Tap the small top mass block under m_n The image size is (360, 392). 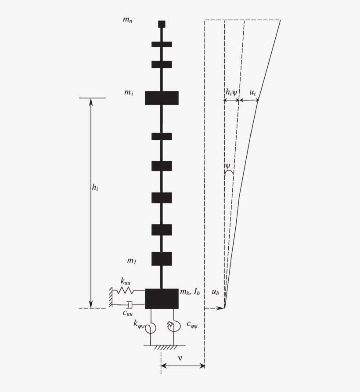coord(162,24)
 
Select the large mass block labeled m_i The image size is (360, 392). coord(162,98)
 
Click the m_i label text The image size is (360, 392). coord(128,93)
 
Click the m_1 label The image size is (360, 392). coord(132,261)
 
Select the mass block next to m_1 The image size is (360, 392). coord(162,259)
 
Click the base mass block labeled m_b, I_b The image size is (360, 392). coord(162,298)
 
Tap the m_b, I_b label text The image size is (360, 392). coord(190,292)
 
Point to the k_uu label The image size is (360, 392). coord(126,280)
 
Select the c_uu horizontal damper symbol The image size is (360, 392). coord(130,304)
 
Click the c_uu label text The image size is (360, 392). coord(128,313)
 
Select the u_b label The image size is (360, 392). coord(215,292)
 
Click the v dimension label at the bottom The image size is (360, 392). coord(180,358)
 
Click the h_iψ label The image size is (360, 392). coord(231,92)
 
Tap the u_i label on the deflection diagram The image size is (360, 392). coord(253,92)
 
